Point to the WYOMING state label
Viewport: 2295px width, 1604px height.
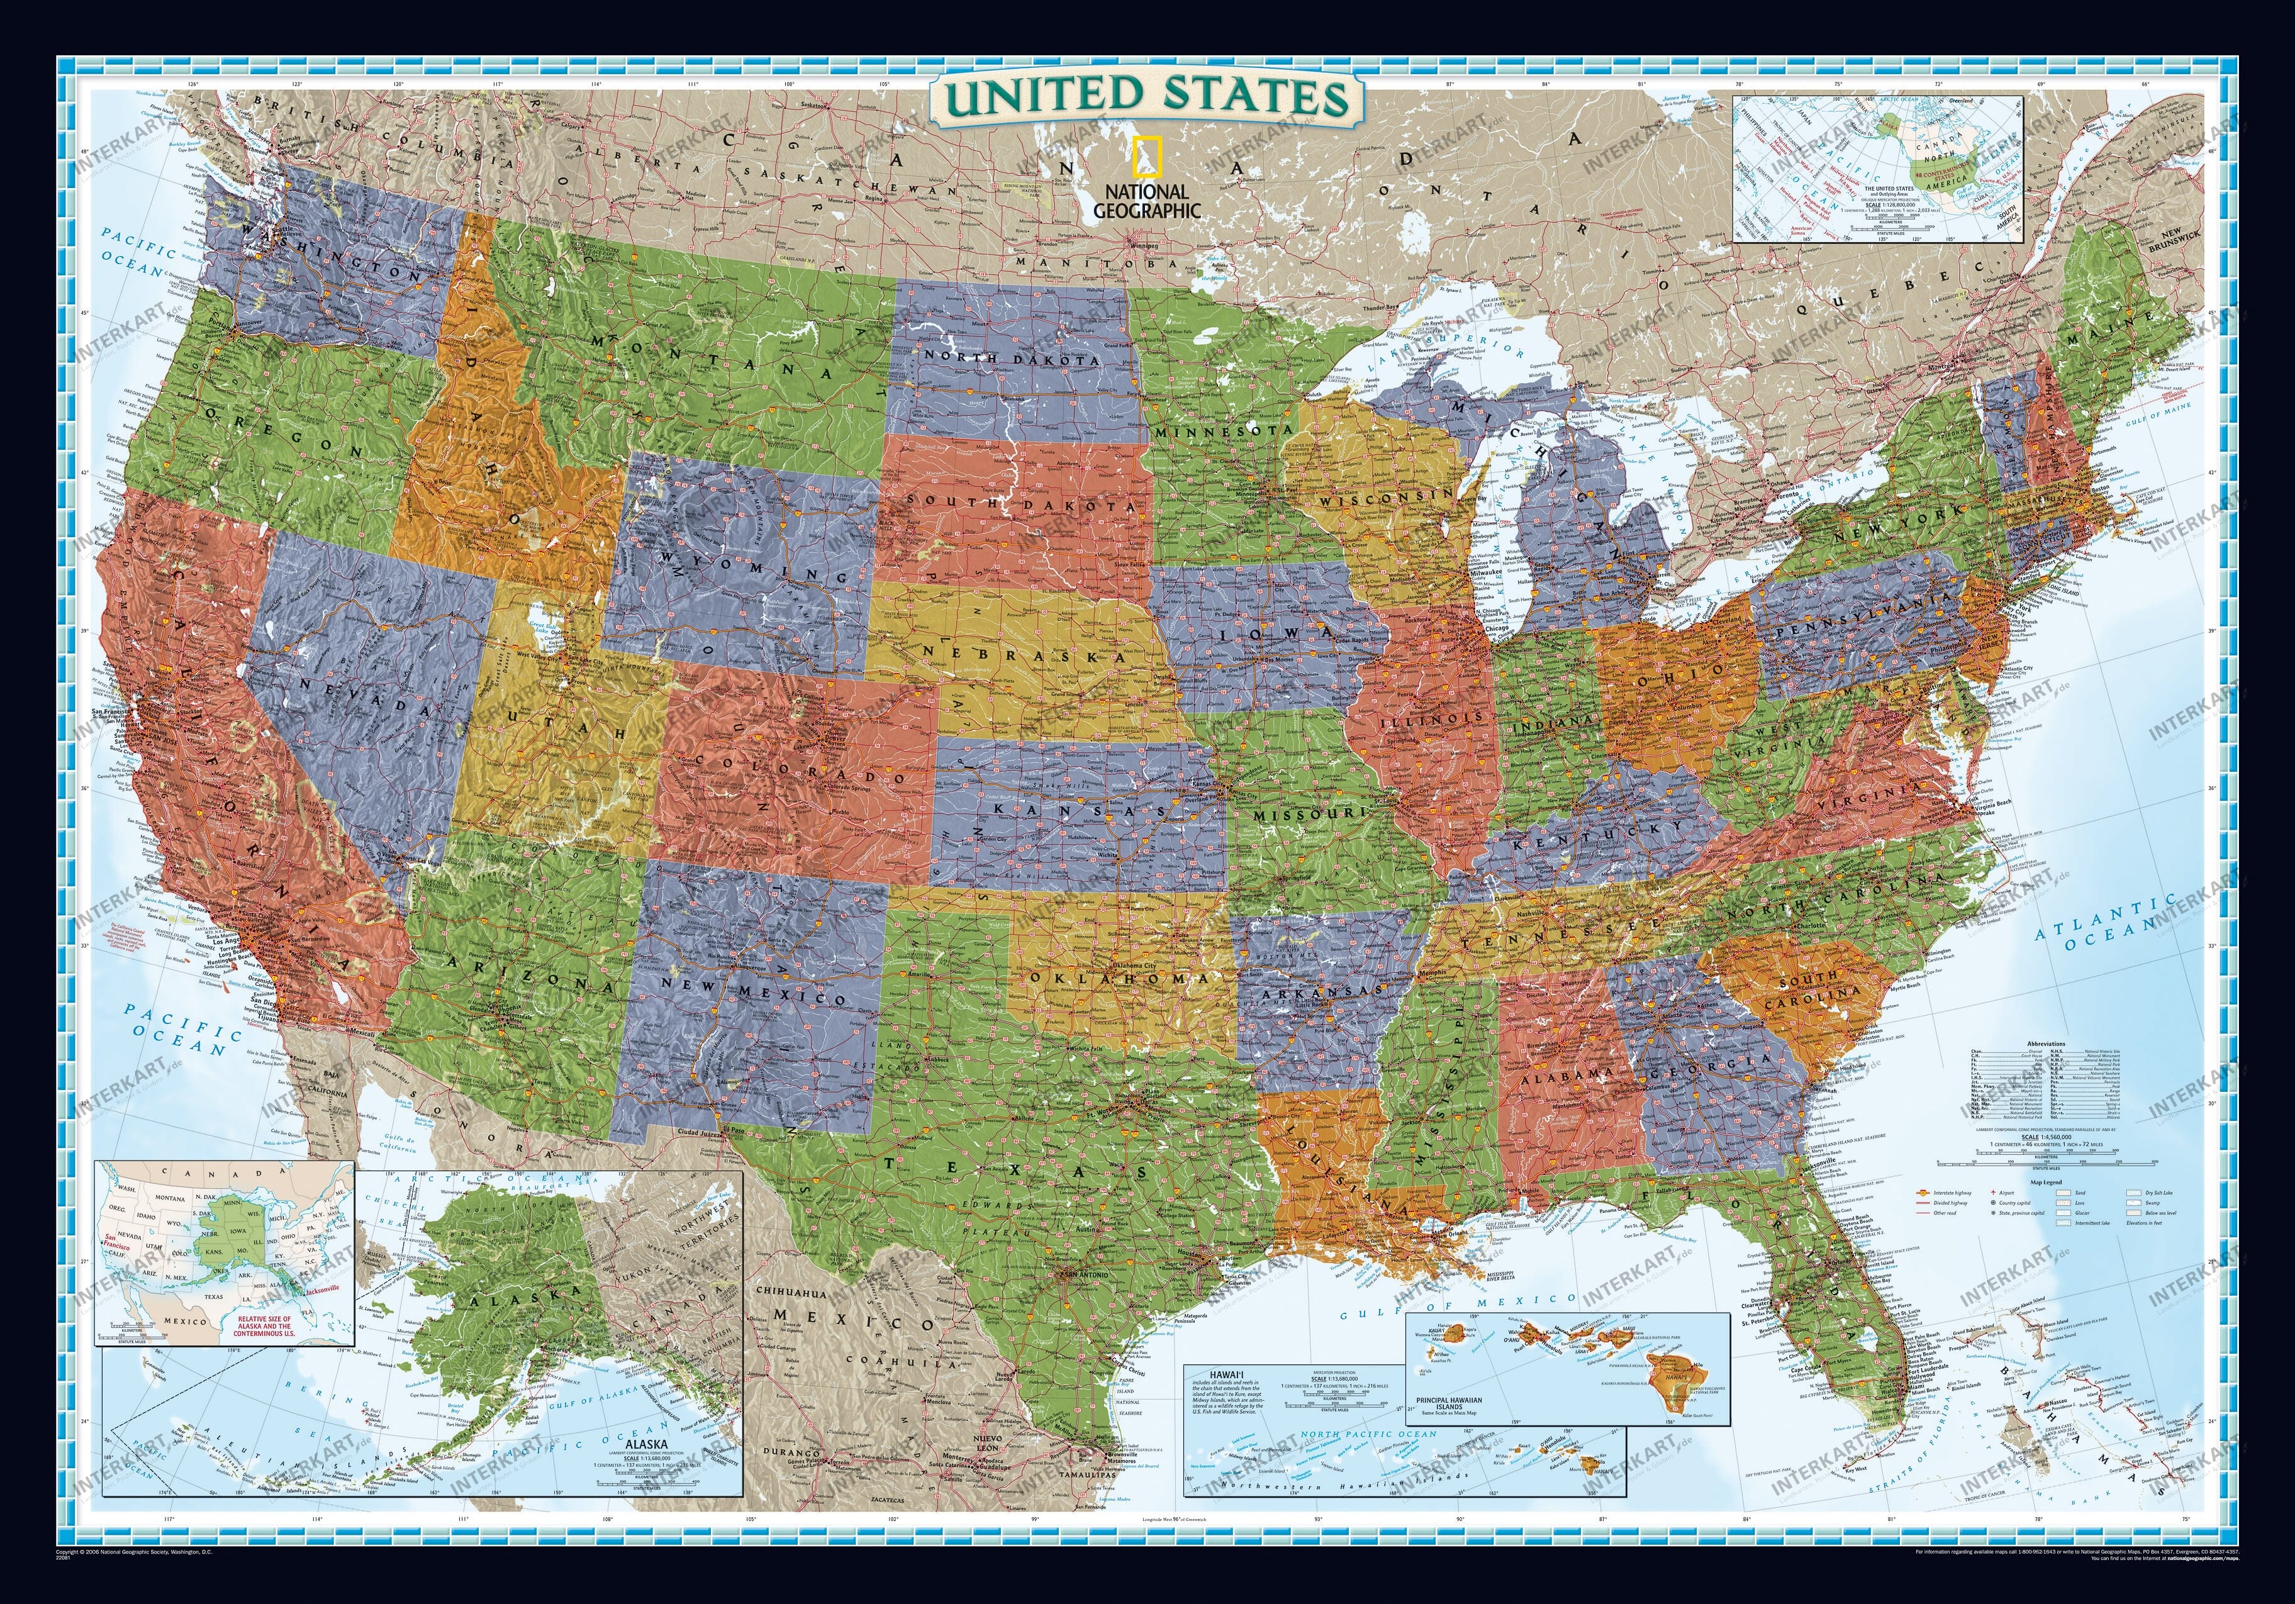[760, 571]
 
